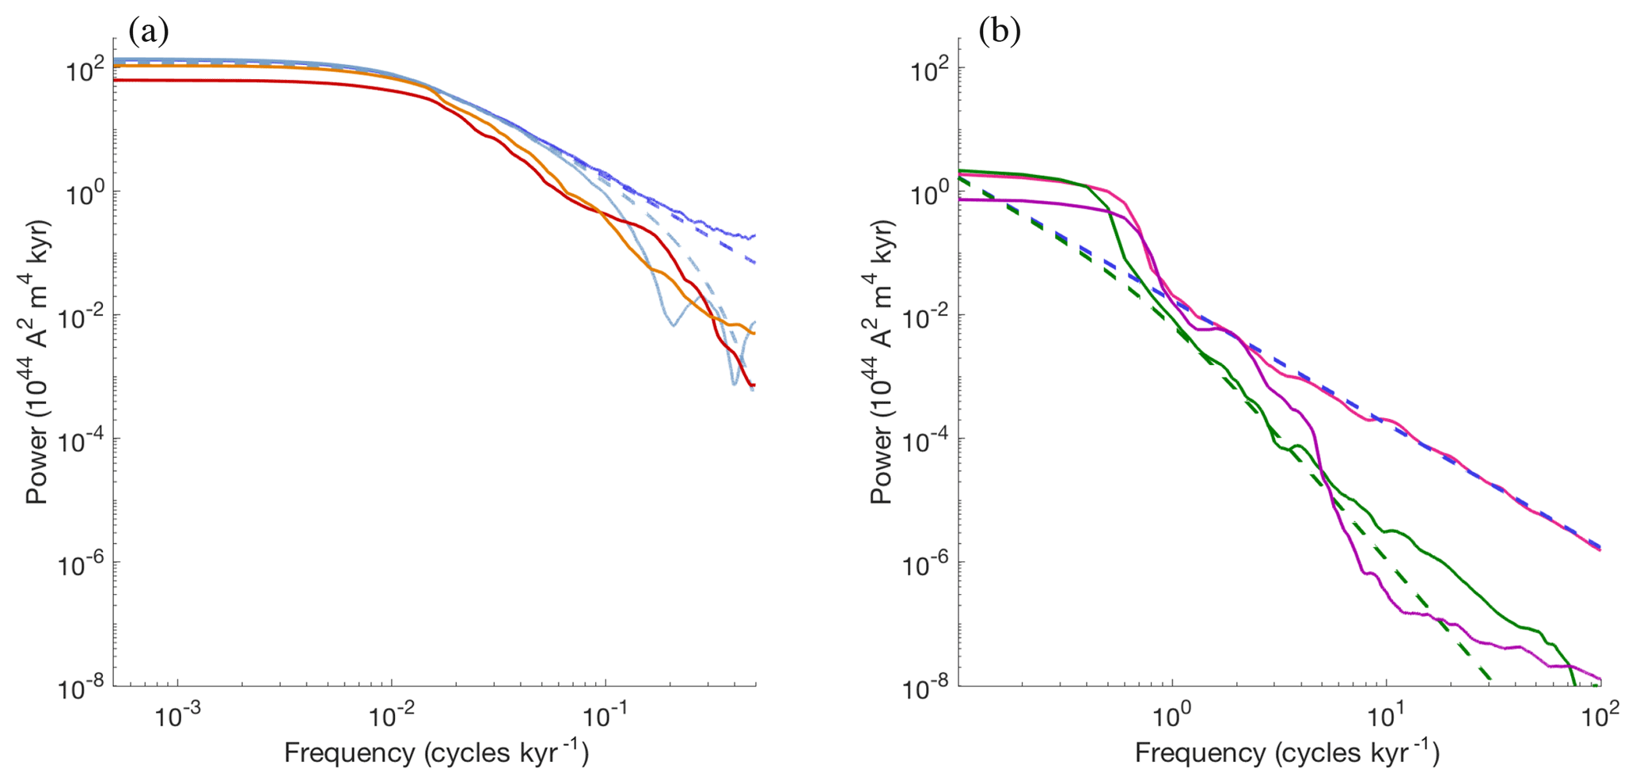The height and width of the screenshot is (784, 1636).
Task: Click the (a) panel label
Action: pyautogui.click(x=149, y=31)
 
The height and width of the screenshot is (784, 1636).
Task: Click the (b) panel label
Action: pyautogui.click(x=1000, y=31)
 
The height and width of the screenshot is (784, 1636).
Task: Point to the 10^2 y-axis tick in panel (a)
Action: pyautogui.click(x=85, y=71)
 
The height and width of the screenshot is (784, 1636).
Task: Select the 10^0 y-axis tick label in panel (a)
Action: pyautogui.click(x=85, y=195)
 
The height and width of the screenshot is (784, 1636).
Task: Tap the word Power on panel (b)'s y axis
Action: pyautogui.click(x=882, y=466)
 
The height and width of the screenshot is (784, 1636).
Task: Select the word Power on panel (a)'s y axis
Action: pyautogui.click(x=36, y=466)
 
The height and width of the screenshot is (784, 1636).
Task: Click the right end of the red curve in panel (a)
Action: pyautogui.click(x=754, y=385)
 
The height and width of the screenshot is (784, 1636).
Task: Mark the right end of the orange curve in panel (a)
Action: pyautogui.click(x=754, y=333)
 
